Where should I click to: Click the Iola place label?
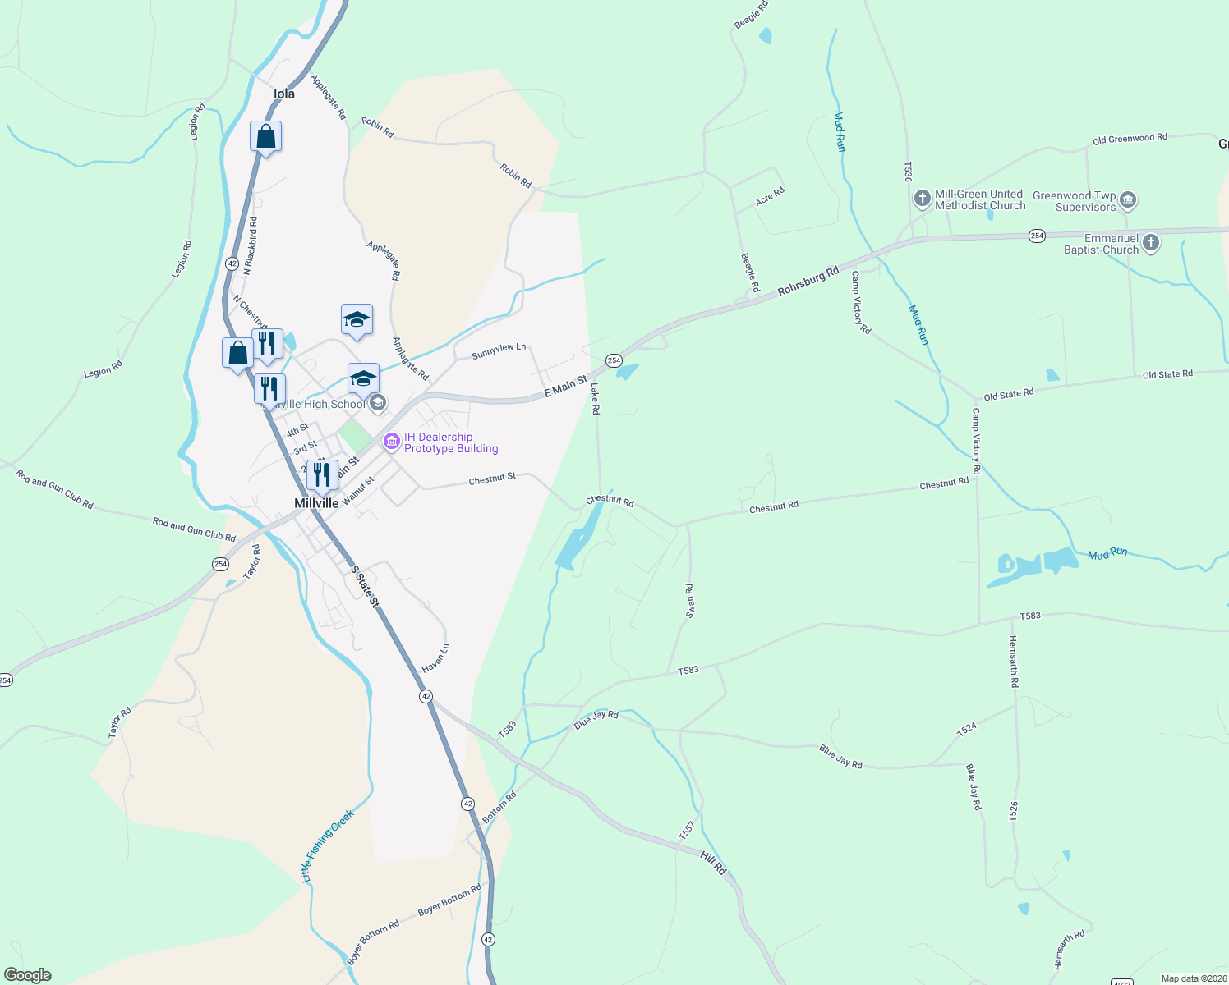coord(284,94)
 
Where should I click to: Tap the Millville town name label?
coord(316,503)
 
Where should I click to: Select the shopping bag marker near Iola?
coord(265,136)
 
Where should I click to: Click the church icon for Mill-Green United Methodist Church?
coord(922,199)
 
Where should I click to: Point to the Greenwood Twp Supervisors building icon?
coord(1128,200)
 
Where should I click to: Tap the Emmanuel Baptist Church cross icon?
coord(1151,242)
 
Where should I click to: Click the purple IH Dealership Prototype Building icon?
coord(391,442)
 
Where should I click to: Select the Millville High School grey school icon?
coord(378,403)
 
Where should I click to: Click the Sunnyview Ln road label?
coord(499,351)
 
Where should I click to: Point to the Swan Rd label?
coord(690,600)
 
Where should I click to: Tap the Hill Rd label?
coord(713,863)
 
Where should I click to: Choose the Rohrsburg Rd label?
coord(808,280)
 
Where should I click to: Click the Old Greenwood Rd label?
coord(1130,139)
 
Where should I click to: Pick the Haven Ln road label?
coord(435,658)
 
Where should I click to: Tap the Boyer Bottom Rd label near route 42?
coord(449,900)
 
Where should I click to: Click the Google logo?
coord(27,975)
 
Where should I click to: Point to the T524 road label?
coord(967,729)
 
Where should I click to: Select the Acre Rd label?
coord(770,196)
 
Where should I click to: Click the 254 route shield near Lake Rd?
coord(614,360)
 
